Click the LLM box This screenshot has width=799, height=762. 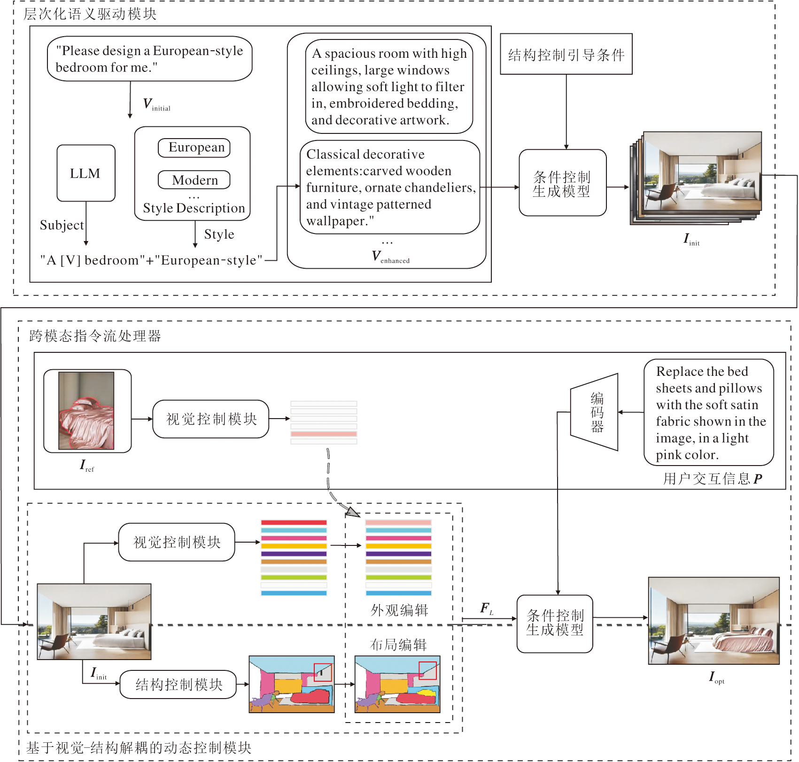tap(86, 173)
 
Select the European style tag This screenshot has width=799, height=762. tap(194, 148)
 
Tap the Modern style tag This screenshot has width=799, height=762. tap(194, 180)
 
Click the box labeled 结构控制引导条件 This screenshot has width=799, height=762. tap(566, 54)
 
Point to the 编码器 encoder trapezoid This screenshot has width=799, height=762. tap(595, 412)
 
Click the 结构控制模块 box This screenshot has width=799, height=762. tap(178, 684)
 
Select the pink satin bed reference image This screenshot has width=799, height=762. tap(86, 411)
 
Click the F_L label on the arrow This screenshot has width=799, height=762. tap(487, 609)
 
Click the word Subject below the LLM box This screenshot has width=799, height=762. tap(62, 225)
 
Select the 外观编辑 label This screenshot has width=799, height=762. tap(399, 610)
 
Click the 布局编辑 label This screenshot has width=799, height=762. tap(398, 645)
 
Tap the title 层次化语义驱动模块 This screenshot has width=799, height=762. tap(90, 14)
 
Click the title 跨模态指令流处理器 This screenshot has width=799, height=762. tap(95, 335)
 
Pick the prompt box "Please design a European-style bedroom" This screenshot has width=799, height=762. tap(149, 59)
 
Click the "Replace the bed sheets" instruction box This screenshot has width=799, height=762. tap(708, 412)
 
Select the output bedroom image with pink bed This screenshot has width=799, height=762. tap(714, 621)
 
